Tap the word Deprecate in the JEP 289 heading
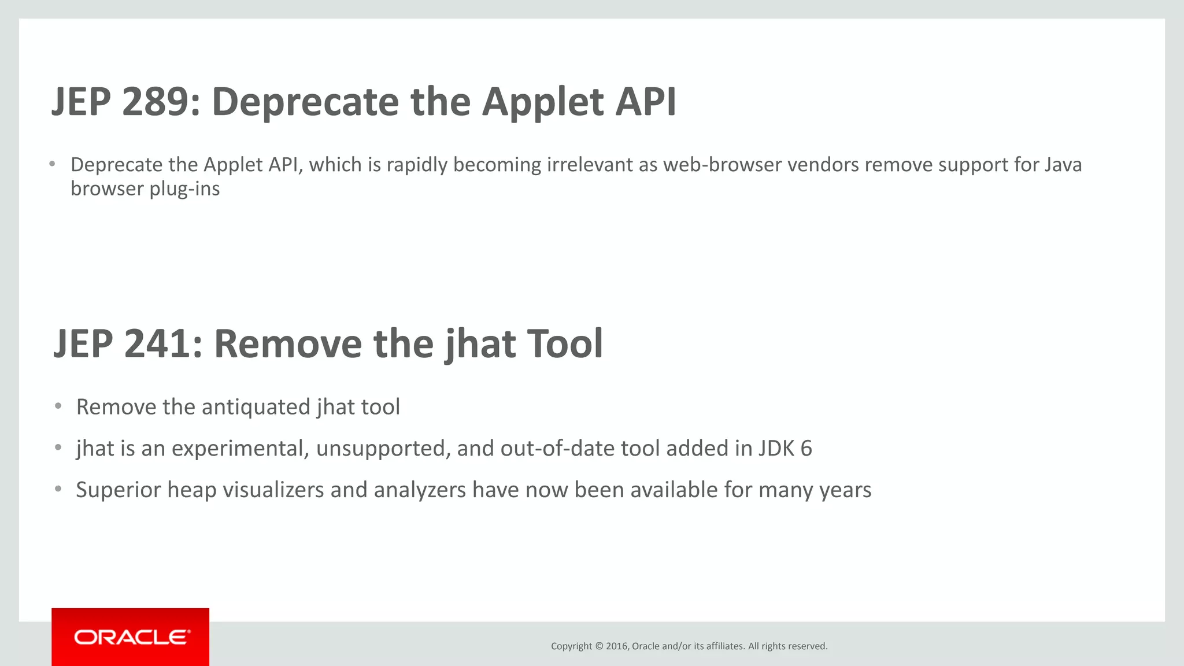(305, 102)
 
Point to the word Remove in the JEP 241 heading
(287, 344)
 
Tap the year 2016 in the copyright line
(617, 646)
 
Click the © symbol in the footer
(599, 646)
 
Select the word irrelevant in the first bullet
(590, 165)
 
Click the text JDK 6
(785, 449)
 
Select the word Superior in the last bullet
(119, 490)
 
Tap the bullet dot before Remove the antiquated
(58, 406)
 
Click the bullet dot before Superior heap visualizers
(58, 489)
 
